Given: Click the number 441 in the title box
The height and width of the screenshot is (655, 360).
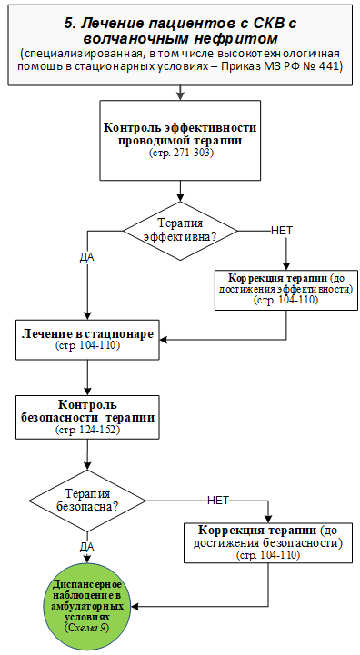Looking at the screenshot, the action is (x=331, y=66).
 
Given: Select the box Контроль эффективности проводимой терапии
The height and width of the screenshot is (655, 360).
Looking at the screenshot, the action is (x=180, y=140).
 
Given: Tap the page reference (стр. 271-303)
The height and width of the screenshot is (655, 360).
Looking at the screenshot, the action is (x=181, y=154).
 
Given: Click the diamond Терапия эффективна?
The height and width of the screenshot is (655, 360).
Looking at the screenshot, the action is (x=180, y=231).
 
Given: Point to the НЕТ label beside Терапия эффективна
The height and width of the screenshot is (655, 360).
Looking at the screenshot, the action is (x=282, y=231).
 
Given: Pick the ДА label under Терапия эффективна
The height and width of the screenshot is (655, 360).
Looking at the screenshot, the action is (x=87, y=257).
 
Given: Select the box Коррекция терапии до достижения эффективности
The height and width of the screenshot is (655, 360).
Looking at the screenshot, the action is (x=286, y=290).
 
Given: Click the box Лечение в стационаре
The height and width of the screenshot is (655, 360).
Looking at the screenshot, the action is (x=87, y=340).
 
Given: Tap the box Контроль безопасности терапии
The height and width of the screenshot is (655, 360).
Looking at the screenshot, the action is (x=87, y=417).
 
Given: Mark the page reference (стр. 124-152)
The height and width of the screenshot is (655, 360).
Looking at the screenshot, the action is (x=87, y=430).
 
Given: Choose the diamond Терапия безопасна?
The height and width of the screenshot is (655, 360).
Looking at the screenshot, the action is (x=87, y=501).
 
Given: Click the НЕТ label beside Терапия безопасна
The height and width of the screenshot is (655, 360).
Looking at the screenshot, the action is (x=218, y=501).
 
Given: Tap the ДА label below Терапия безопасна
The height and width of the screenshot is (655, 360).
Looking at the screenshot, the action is (x=87, y=547).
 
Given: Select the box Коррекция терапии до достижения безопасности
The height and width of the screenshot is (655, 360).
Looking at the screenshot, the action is (x=268, y=542).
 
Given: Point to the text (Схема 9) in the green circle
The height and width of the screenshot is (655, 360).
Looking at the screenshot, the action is (x=87, y=628).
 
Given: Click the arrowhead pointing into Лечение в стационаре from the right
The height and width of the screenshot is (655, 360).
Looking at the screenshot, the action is (x=164, y=340).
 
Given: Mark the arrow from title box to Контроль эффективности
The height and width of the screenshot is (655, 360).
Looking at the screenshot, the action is (x=180, y=93).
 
